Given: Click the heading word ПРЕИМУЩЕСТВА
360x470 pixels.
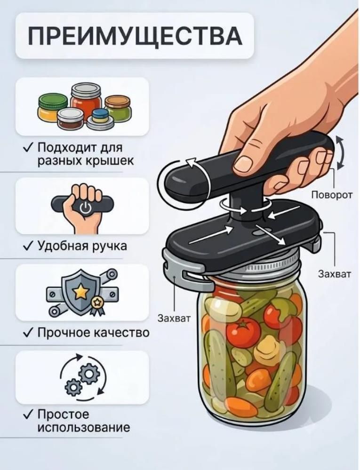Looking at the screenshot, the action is pyautogui.click(x=135, y=36).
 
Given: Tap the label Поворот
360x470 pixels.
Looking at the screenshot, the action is pyautogui.click(x=331, y=195).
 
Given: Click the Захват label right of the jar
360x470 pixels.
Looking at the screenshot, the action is pyautogui.click(x=334, y=274).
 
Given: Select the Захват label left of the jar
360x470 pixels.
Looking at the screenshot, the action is pyautogui.click(x=174, y=318).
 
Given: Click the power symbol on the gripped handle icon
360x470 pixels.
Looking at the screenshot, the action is pyautogui.click(x=85, y=207).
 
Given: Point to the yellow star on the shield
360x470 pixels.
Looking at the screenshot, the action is pyautogui.click(x=80, y=292).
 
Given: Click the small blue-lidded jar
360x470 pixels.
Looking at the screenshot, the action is pyautogui.click(x=101, y=117).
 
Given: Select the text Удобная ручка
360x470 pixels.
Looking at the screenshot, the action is pyautogui.click(x=82, y=246).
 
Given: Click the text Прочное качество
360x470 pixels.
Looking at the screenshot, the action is pyautogui.click(x=93, y=333).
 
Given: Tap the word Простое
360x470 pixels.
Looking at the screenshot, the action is pyautogui.click(x=63, y=414).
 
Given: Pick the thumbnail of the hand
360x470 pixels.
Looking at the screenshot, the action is pyautogui.click(x=243, y=163).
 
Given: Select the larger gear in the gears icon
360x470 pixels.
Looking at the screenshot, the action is pyautogui.click(x=89, y=374).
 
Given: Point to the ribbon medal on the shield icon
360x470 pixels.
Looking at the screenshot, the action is pyautogui.click(x=97, y=305).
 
